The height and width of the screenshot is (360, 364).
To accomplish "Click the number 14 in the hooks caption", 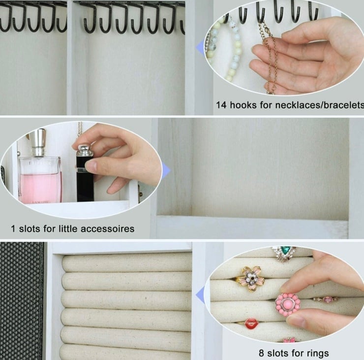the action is (x=221, y=105).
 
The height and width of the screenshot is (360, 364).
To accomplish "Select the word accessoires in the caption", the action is (x=108, y=229).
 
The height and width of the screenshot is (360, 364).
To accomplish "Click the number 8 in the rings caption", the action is (x=261, y=353).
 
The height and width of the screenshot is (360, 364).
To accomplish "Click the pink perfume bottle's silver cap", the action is (x=38, y=142).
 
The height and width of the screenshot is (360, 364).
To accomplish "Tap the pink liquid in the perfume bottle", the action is (x=40, y=188).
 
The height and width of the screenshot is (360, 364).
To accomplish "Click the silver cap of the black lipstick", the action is (x=85, y=151).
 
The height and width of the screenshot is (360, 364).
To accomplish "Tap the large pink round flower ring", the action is (x=288, y=304).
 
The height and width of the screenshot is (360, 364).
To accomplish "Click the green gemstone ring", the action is (x=284, y=253).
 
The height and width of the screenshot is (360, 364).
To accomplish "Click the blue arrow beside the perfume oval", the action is (x=166, y=171).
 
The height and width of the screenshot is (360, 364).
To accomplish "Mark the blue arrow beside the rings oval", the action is (x=200, y=295).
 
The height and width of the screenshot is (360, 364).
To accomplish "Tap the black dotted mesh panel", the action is (x=22, y=301).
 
